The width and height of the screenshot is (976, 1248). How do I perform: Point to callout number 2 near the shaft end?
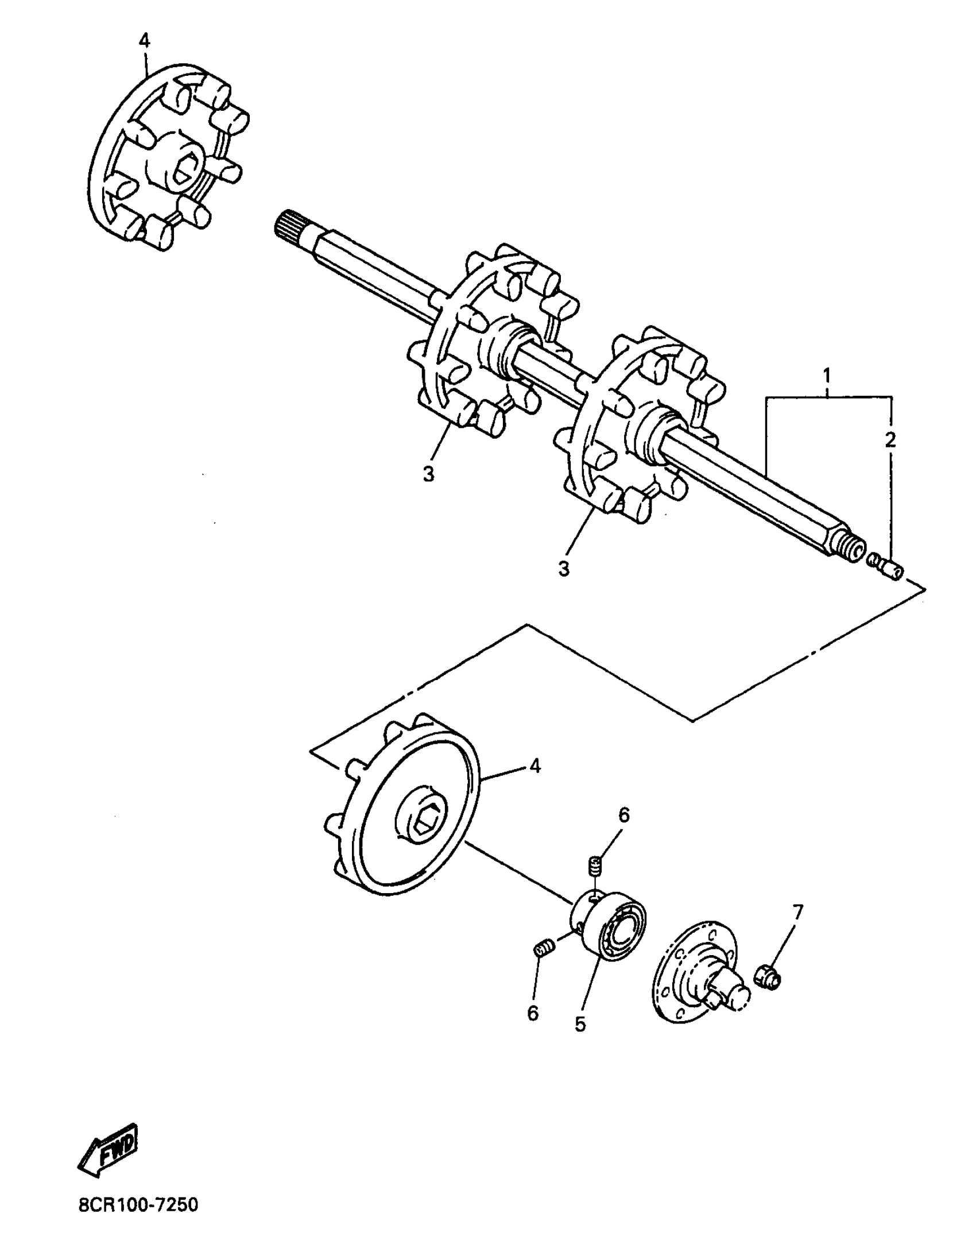(889, 439)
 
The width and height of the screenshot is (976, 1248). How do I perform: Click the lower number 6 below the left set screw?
(533, 1014)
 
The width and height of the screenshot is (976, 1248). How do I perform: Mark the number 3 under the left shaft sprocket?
(428, 474)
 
